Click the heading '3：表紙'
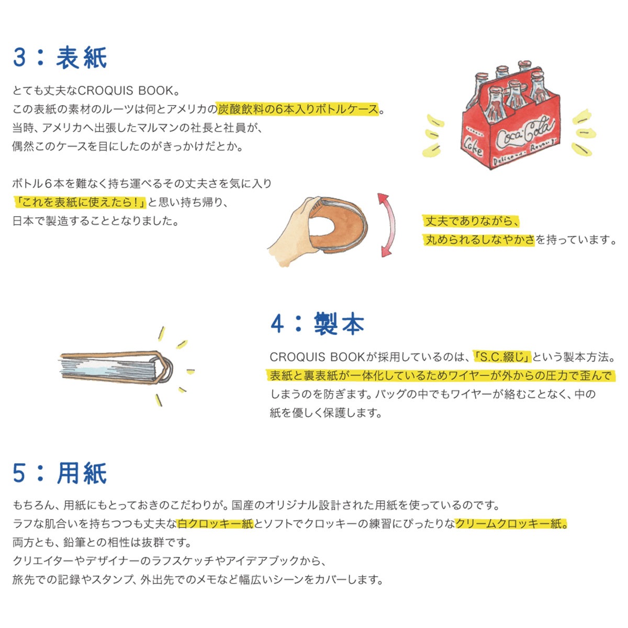60,58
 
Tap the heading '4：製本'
317,323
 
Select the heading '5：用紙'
60,473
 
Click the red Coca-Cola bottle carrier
511,115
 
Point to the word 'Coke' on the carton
473,147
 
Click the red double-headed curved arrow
388,225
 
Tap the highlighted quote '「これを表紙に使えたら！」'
80,203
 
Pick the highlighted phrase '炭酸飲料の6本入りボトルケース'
298,109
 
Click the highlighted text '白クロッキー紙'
215,524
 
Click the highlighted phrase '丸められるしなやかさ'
480,240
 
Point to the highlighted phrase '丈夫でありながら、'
471,221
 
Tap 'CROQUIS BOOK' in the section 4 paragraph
317,357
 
